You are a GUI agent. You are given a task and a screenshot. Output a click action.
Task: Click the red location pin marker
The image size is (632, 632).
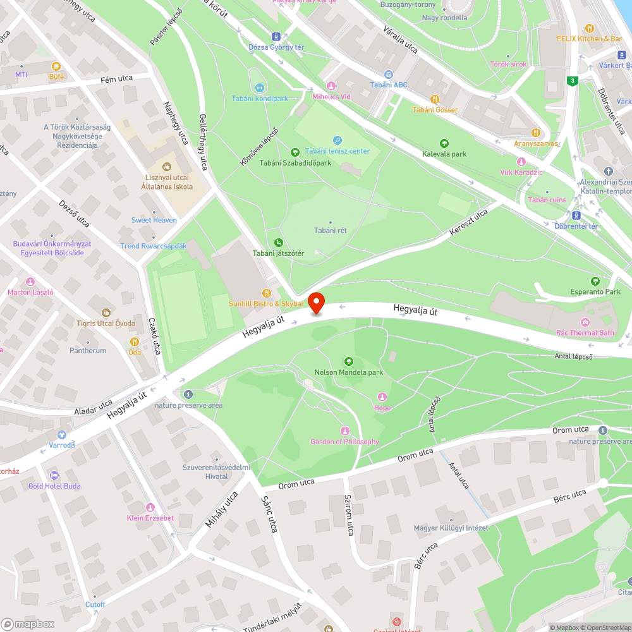(316, 303)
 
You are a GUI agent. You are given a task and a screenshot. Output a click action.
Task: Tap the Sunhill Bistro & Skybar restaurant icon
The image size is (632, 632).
(266, 293)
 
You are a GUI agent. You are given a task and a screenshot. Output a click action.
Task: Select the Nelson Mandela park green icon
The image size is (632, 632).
(348, 362)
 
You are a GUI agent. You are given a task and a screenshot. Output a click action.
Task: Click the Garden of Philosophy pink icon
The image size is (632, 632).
(344, 430)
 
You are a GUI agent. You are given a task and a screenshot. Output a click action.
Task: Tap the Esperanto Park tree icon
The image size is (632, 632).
(595, 281)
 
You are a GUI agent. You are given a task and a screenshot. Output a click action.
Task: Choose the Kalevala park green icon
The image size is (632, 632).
(444, 143)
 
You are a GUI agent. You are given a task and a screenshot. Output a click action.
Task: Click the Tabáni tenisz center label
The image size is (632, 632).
(337, 151)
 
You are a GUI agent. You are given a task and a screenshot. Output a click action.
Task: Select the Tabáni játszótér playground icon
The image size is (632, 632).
(279, 243)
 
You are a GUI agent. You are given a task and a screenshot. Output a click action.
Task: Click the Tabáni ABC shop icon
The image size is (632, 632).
(389, 74)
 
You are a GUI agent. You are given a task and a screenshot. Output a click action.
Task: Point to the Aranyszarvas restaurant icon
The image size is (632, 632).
(536, 133)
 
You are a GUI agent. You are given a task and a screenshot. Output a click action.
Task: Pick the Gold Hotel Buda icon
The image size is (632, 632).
(54, 475)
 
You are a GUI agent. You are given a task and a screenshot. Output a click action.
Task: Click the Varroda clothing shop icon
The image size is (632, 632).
(62, 434)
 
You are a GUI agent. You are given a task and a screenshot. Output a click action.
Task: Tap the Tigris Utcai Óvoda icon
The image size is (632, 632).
(106, 313)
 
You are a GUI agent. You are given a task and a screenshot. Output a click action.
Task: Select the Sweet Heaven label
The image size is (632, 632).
(154, 220)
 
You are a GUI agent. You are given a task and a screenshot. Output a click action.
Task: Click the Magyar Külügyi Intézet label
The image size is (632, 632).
(451, 528)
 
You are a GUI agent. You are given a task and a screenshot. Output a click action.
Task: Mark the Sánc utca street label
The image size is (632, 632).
(269, 514)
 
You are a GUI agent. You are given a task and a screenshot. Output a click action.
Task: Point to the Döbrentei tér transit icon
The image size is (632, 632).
(576, 216)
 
